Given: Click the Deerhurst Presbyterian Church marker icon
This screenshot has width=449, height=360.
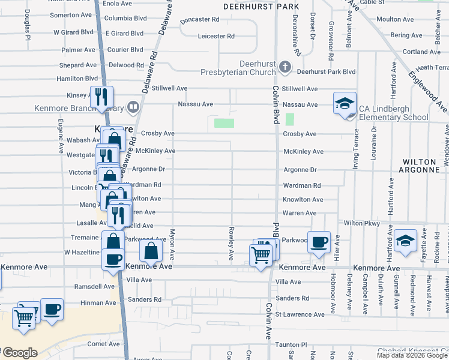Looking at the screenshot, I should (x=285, y=67).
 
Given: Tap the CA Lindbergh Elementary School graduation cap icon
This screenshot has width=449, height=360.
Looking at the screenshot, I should (x=345, y=103).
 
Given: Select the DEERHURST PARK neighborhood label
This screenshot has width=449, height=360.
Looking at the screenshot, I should (x=261, y=7).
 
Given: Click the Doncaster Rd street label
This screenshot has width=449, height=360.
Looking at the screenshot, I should (x=200, y=20).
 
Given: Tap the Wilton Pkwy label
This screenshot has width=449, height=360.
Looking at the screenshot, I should (x=363, y=223).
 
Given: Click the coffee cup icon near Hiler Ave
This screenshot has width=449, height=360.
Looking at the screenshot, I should (x=319, y=242).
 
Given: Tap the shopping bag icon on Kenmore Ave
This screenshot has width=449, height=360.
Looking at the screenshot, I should (x=151, y=251).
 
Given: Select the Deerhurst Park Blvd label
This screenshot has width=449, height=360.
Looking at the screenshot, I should (x=326, y=71).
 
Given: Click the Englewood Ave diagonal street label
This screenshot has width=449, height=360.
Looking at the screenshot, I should (x=427, y=89).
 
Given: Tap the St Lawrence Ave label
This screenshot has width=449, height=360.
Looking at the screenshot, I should (x=299, y=314).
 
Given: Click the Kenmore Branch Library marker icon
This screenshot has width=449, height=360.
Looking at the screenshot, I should (x=133, y=108).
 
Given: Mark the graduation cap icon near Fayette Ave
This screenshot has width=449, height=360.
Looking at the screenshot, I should (x=405, y=240).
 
